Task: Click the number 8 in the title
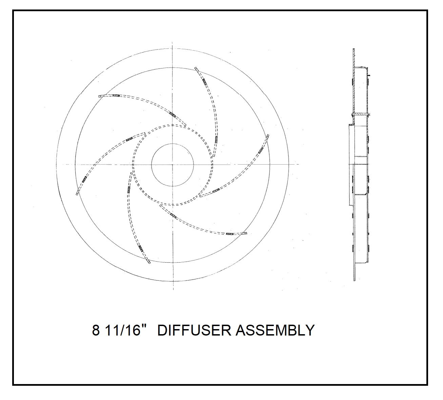[x=96, y=330]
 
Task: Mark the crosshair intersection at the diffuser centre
[x=173, y=165]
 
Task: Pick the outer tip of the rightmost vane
[x=268, y=136]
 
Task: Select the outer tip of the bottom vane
[x=148, y=262]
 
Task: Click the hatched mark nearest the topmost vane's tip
[x=204, y=81]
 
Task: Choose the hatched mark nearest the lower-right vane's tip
[x=230, y=234]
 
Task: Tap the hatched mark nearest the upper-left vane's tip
[x=116, y=96]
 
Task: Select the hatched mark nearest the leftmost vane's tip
[x=84, y=179]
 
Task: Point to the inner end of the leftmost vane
[x=144, y=134]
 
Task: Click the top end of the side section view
[x=354, y=50]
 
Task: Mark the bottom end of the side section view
[x=354, y=281]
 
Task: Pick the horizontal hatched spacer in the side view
[x=360, y=113]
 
